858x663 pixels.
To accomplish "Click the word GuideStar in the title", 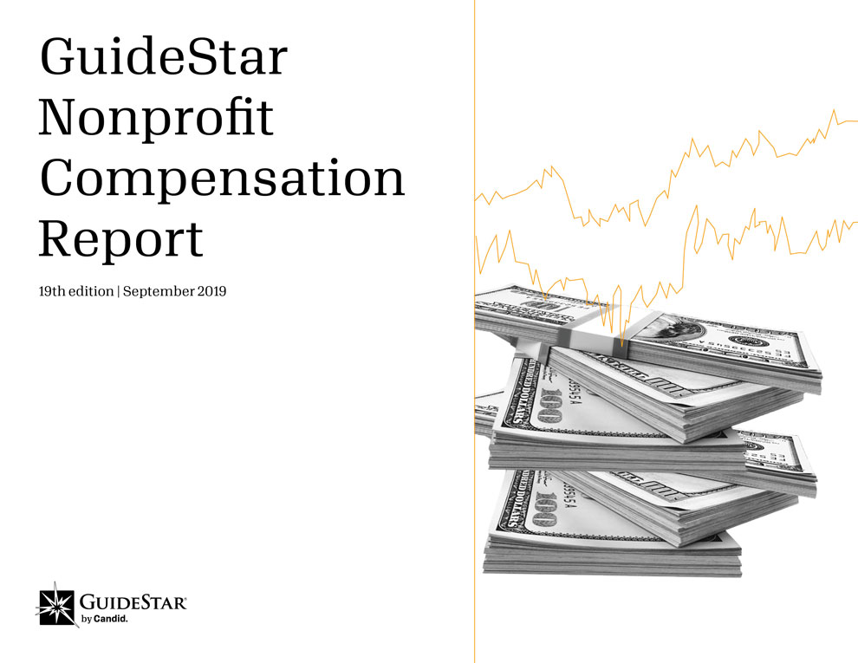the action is coord(164,56).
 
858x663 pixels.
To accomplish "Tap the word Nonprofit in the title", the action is coord(157,117).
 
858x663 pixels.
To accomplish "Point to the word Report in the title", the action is coord(121,239).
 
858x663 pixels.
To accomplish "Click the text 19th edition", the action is coord(76,291).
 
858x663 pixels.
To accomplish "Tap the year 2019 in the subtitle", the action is coord(211,291).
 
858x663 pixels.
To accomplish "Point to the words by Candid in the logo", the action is coord(105,620).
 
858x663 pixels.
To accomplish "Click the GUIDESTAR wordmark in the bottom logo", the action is coord(133,602).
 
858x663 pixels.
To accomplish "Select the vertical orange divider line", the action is coord(474,331).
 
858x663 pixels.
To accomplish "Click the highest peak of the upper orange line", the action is coord(835,111).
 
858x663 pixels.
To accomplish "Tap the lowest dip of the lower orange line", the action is coord(621,346).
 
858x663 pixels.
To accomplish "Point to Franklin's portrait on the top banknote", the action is coord(679,328).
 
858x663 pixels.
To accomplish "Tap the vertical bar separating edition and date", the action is coord(118,291).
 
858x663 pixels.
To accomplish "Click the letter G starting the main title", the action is coord(58,56).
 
